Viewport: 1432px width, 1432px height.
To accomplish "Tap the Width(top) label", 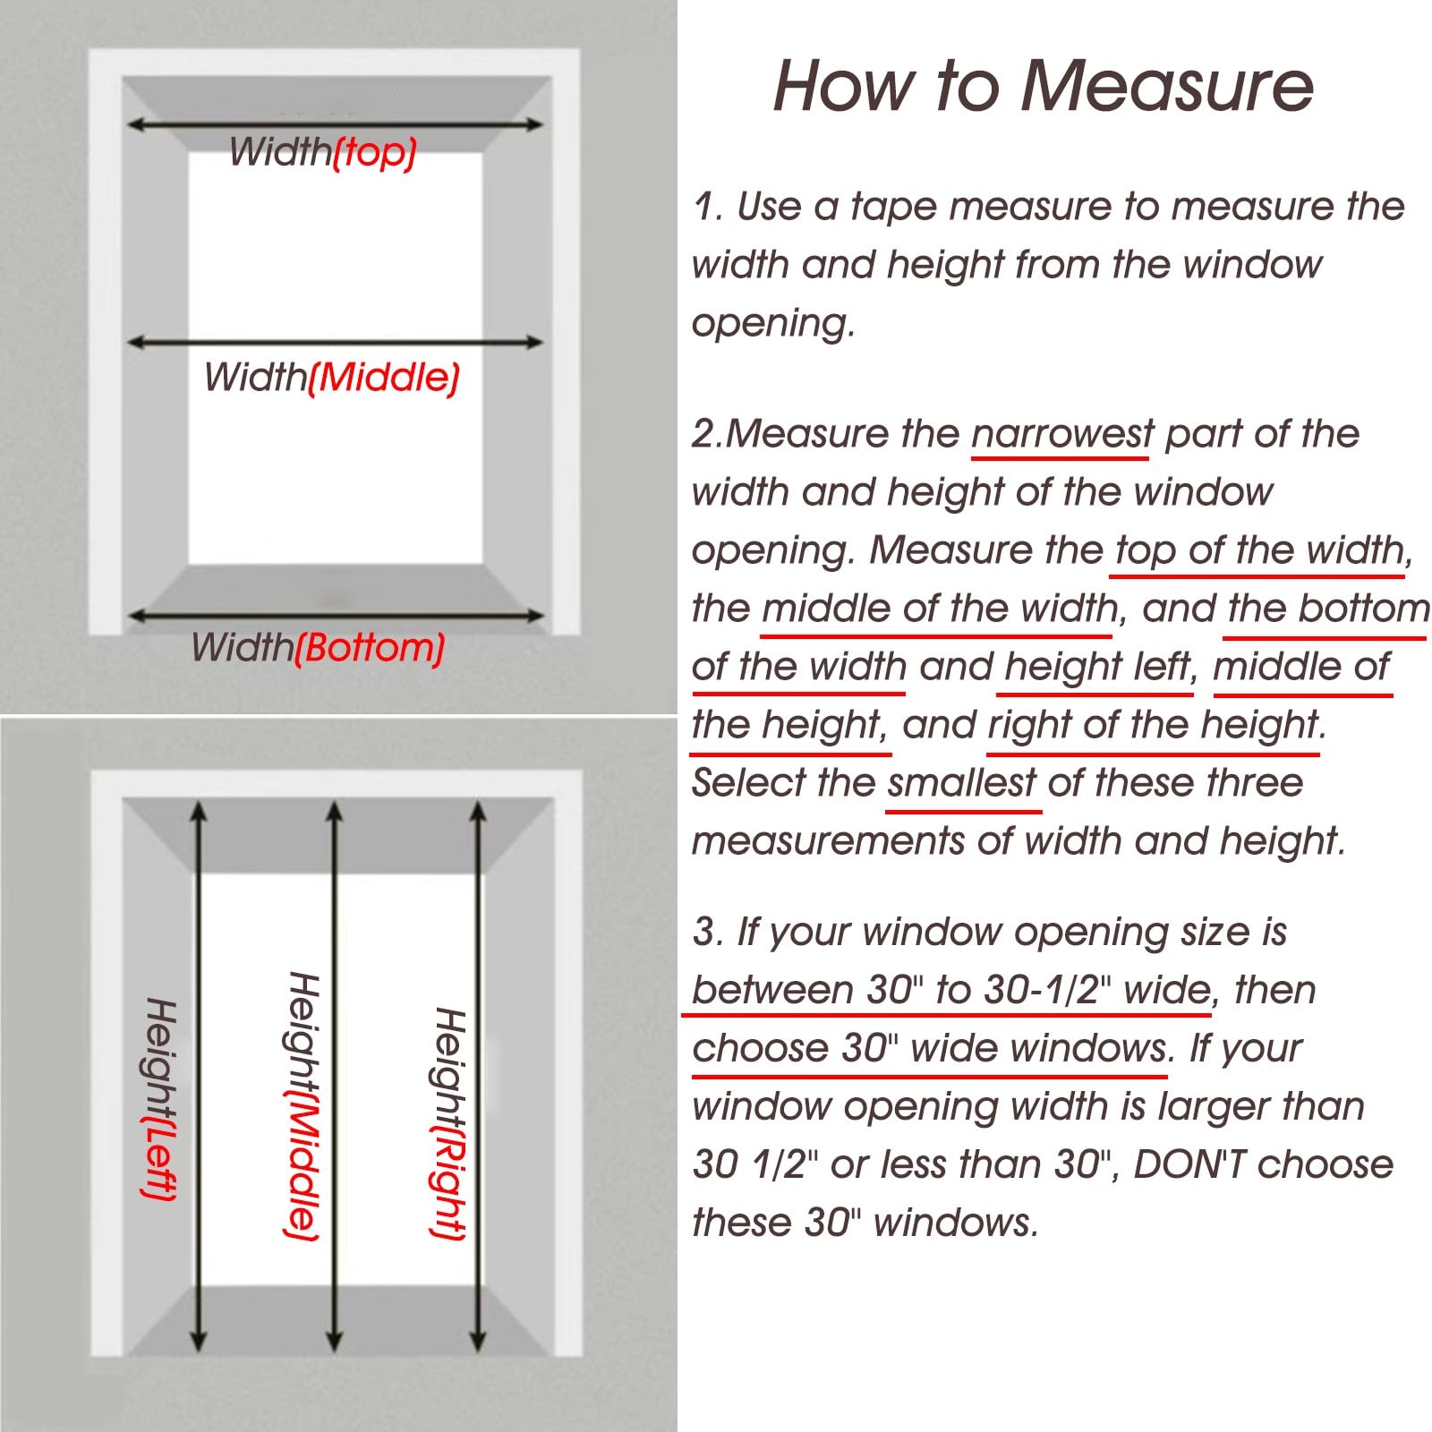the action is (323, 152).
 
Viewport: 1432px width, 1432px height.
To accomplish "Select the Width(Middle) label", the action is (332, 377).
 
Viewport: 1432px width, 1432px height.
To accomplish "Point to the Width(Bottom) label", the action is (318, 647).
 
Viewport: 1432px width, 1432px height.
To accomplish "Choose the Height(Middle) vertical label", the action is (303, 1107).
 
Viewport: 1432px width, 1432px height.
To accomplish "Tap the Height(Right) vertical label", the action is (449, 1123).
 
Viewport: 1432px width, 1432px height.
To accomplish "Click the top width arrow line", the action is (335, 124).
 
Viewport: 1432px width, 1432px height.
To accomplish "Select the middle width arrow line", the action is (335, 342).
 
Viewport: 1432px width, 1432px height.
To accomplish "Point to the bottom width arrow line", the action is (335, 616).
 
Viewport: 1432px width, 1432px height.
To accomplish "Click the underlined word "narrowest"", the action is (1062, 434).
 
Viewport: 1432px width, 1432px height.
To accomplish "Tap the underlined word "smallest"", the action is (962, 783).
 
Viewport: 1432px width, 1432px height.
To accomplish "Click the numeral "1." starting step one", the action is (708, 207).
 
